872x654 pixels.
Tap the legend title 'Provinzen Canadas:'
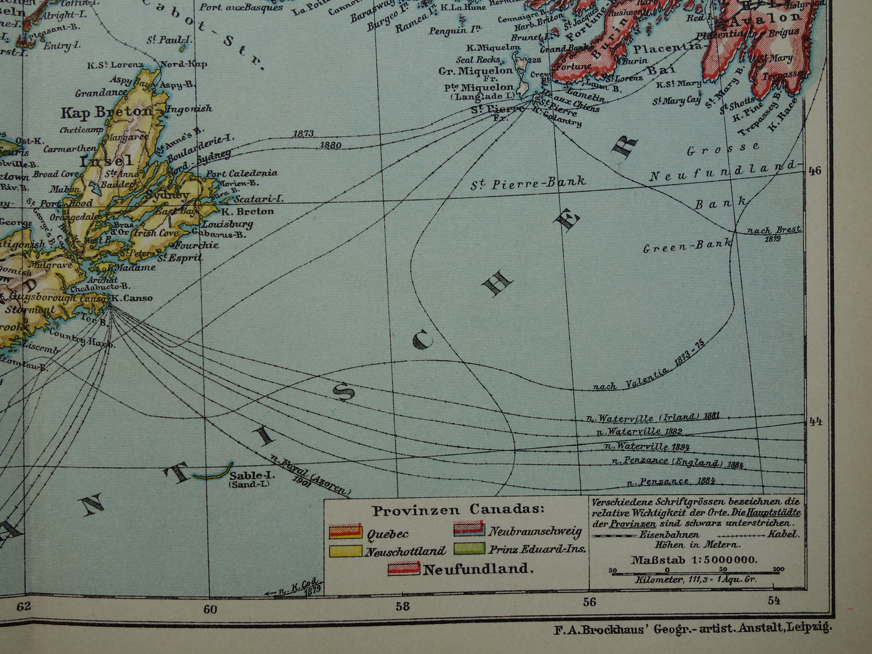(457, 510)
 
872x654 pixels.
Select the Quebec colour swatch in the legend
(345, 532)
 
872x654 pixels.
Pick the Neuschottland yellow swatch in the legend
(345, 550)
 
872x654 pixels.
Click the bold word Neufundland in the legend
(478, 568)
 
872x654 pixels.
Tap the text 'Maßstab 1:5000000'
(693, 559)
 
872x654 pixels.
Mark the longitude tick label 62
(24, 606)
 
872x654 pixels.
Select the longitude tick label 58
(403, 606)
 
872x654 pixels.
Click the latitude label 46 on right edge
(815, 171)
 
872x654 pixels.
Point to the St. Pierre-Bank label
(528, 183)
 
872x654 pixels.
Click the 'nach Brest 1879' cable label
(774, 233)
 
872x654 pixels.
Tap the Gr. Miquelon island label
(476, 71)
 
